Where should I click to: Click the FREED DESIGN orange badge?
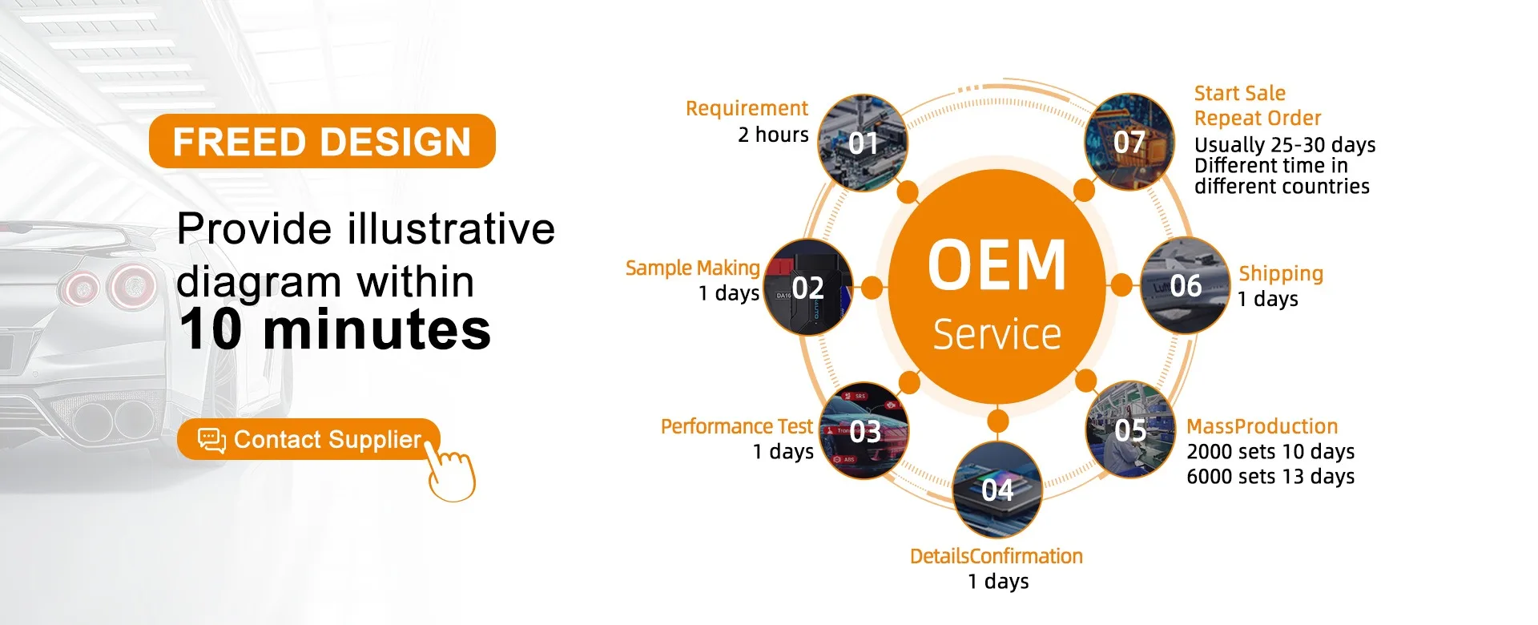322,141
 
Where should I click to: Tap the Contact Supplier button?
308,439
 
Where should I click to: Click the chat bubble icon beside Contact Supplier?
211,440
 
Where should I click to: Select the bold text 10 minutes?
335,329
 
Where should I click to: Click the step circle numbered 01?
863,143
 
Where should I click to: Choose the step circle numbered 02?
808,287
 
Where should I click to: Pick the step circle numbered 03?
864,431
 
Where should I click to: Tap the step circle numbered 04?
998,490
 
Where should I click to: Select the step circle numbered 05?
1130,430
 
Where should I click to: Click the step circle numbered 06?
1186,285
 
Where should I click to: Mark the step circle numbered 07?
1129,142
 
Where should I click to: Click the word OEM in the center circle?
997,264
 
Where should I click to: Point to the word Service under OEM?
997,334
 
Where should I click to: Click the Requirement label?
747,109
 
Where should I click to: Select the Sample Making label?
693,268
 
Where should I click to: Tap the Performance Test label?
737,426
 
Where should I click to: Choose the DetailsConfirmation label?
996,556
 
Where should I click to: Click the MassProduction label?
1262,426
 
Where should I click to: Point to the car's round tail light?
132,286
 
